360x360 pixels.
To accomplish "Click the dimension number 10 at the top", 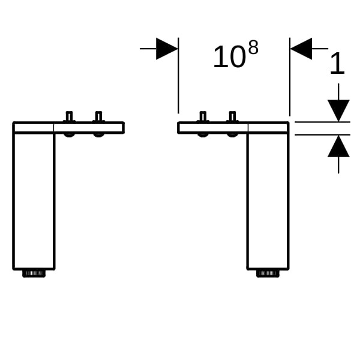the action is [x=229, y=57].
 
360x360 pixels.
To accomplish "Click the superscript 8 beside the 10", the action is [x=253, y=47].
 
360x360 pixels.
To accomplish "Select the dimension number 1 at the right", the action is [x=337, y=63].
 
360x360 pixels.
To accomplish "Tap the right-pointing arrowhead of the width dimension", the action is [x=167, y=49].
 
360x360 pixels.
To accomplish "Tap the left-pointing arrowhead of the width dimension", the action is [x=301, y=49].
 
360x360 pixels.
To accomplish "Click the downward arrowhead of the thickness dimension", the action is [x=338, y=110].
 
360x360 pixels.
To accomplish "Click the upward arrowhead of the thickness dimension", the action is [x=338, y=146].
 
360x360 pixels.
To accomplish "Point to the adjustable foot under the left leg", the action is [x=34, y=273].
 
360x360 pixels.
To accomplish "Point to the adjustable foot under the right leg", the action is [x=268, y=273].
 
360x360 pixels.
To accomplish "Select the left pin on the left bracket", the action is [x=69, y=116].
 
